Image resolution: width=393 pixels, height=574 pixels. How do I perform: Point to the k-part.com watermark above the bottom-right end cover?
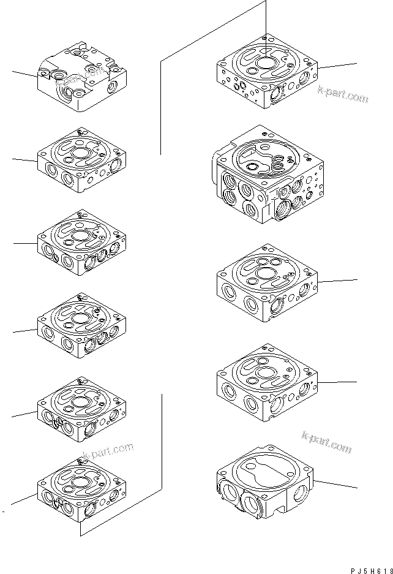point(327,441)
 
